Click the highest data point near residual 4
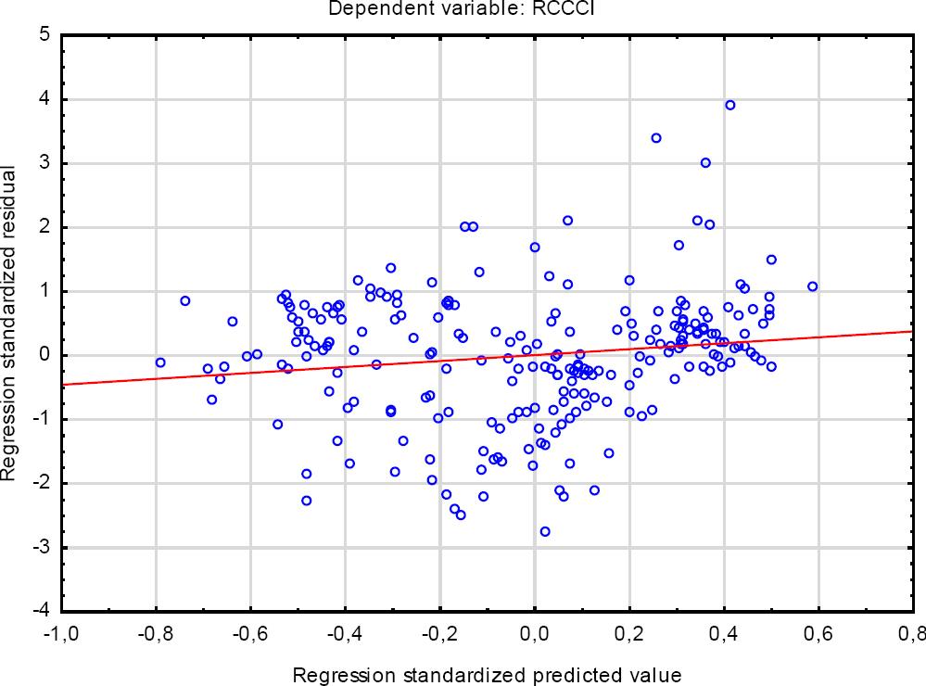729,105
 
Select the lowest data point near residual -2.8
545,531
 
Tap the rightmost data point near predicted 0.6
813,286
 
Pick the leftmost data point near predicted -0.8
160,362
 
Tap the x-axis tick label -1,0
62,635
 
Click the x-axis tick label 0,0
535,635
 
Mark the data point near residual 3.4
656,138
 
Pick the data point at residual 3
705,162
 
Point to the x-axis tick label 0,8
913,635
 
